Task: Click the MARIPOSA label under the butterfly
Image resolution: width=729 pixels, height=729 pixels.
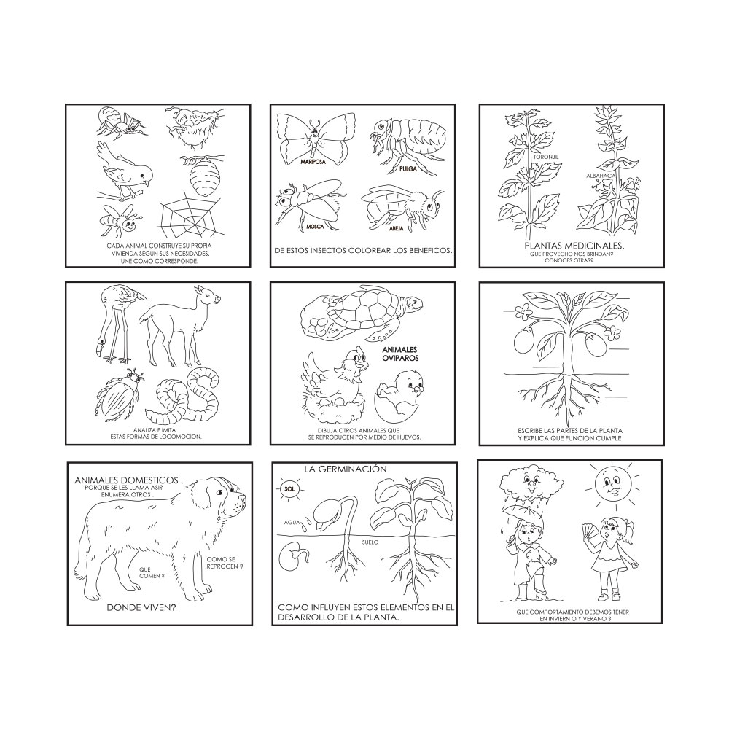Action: click(x=313, y=163)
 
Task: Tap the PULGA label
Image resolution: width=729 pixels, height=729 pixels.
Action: click(x=408, y=169)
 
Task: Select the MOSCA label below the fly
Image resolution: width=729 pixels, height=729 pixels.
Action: click(x=315, y=227)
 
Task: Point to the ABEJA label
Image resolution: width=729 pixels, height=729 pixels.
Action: click(x=396, y=228)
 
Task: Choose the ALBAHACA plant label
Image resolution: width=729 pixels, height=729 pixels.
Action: click(x=601, y=176)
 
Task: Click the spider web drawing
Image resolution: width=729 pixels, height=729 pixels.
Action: click(x=186, y=214)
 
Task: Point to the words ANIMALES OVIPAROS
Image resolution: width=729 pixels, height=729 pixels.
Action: click(x=401, y=354)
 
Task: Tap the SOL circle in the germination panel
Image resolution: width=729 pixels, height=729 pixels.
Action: click(x=290, y=489)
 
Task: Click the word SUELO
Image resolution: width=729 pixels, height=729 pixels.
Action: click(x=370, y=542)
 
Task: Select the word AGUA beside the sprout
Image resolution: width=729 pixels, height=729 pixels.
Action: click(x=292, y=523)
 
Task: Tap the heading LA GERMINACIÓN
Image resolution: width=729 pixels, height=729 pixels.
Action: click(x=346, y=469)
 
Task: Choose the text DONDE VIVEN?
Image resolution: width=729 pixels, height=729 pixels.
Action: click(x=141, y=607)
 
